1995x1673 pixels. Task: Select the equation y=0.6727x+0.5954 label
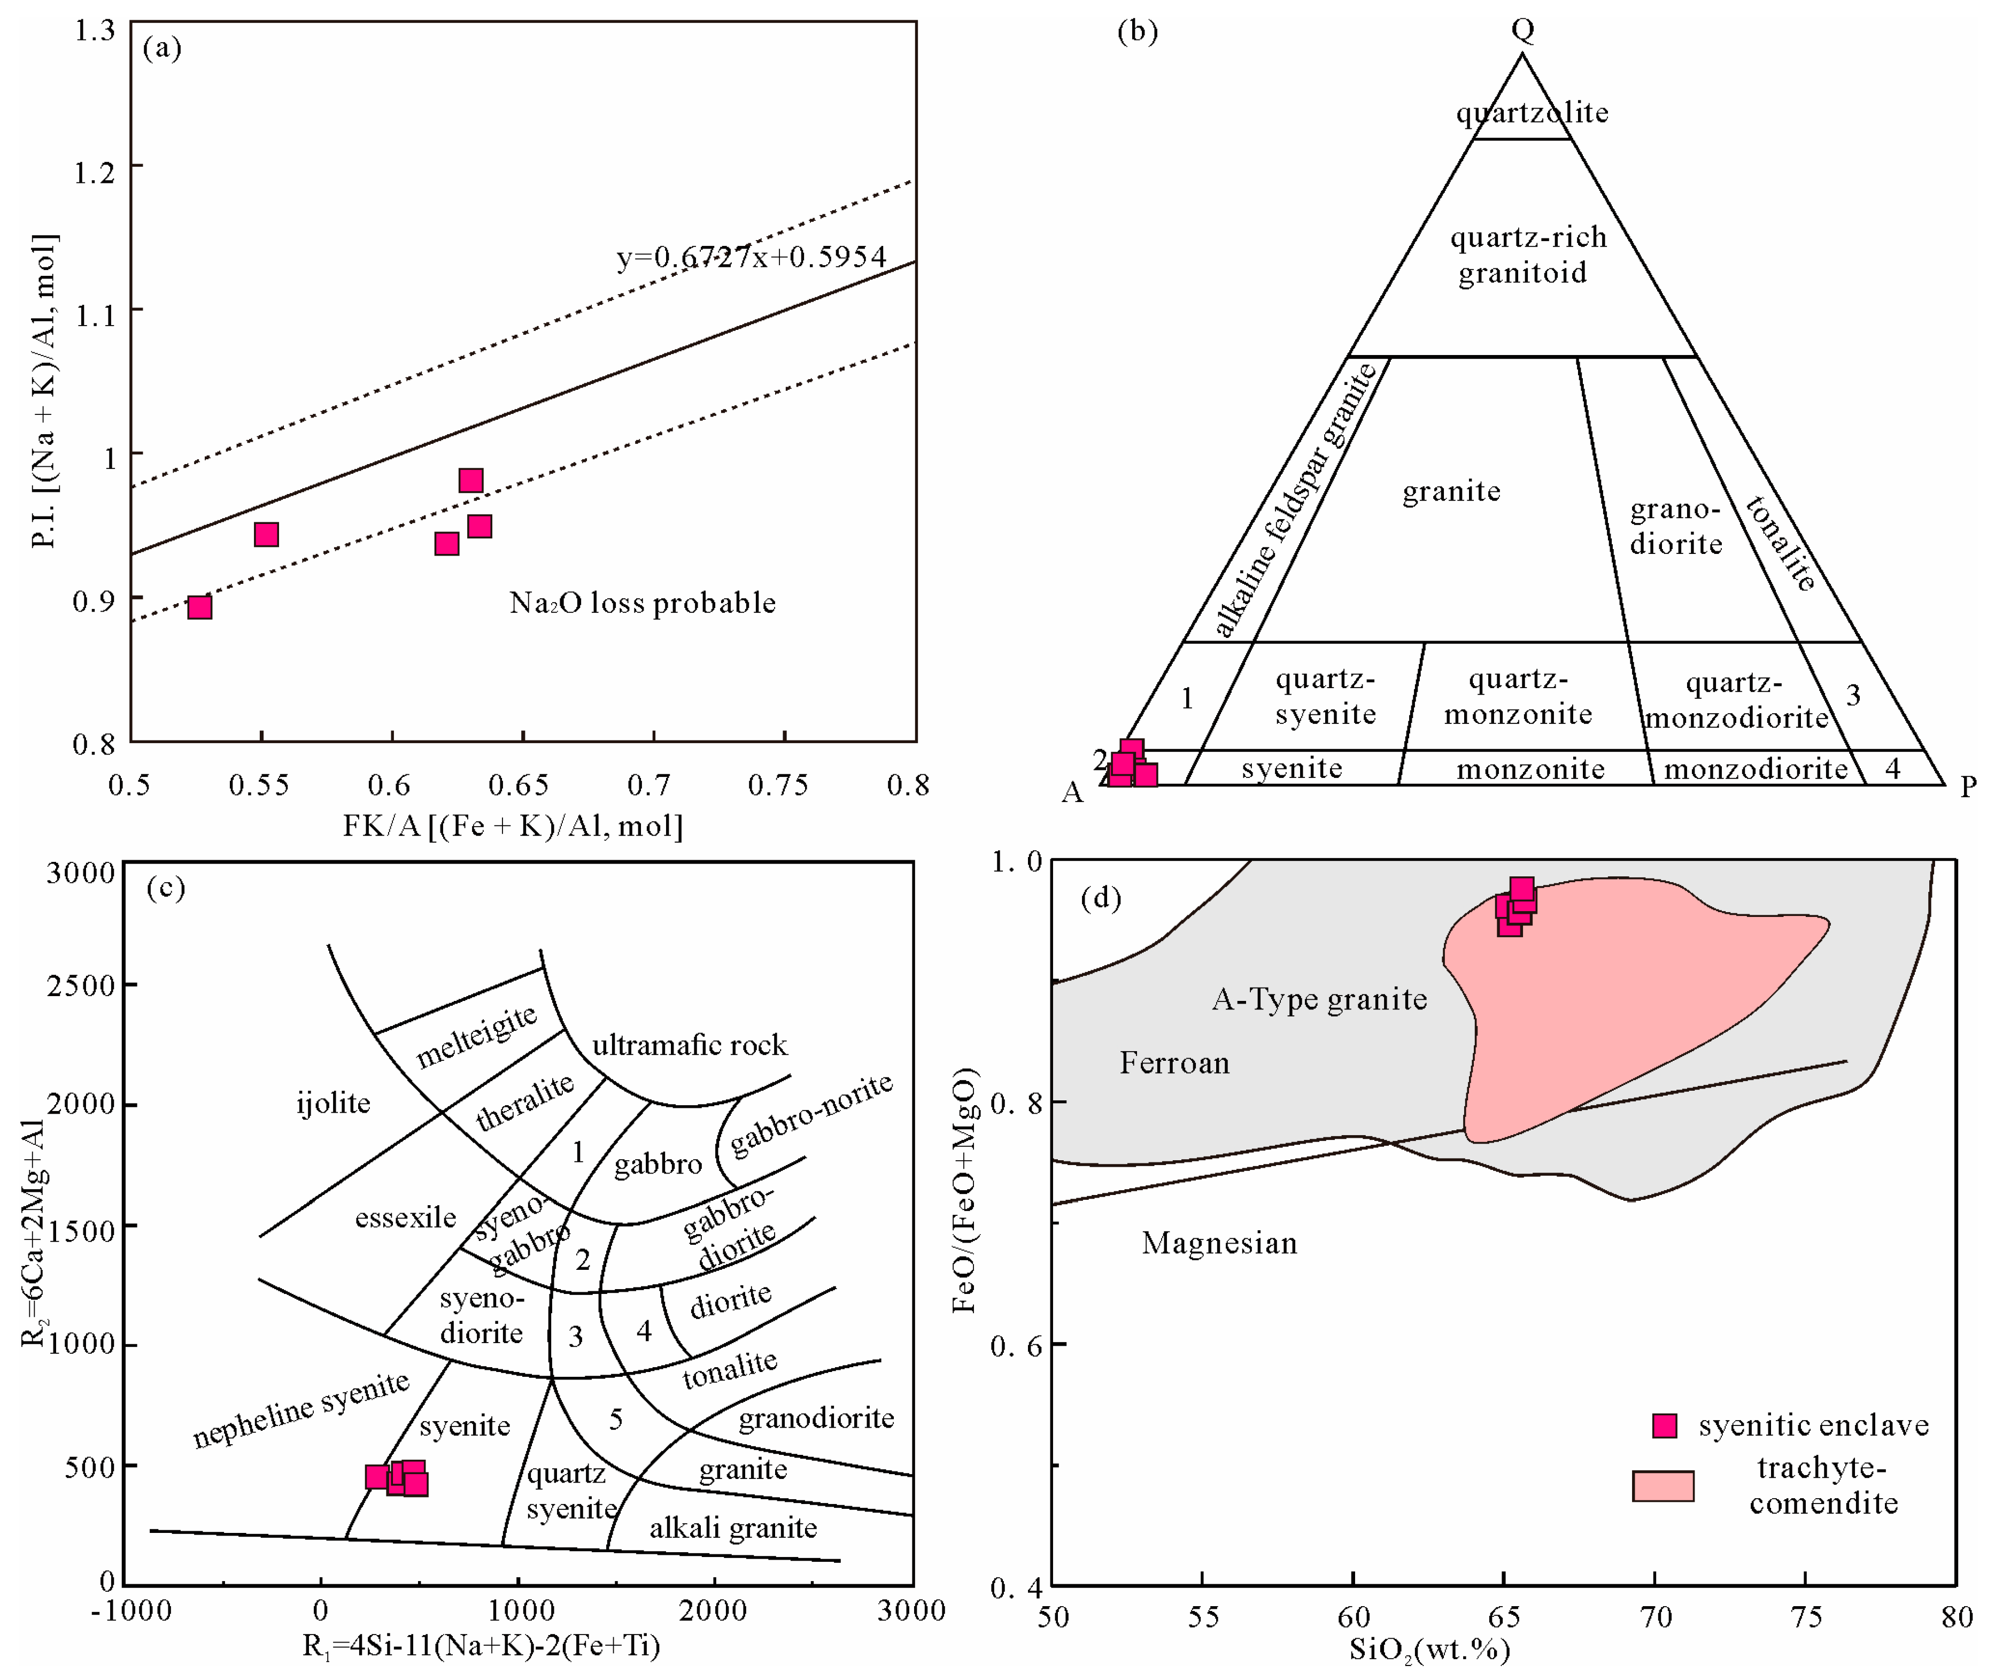[x=752, y=257]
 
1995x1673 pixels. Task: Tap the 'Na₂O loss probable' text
[x=642, y=603]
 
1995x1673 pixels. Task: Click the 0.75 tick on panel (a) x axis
[x=778, y=785]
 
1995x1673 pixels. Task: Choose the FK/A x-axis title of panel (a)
[x=513, y=824]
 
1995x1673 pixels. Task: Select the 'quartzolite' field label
[x=1533, y=113]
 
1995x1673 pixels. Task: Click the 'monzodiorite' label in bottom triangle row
[x=1756, y=768]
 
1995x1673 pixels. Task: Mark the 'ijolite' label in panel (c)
[x=334, y=1103]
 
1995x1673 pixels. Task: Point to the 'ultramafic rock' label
[x=690, y=1045]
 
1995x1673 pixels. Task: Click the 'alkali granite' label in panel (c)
[x=733, y=1528]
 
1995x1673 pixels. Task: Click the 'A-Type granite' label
[x=1319, y=999]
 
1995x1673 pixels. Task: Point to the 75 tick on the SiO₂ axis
[x=1806, y=1617]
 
